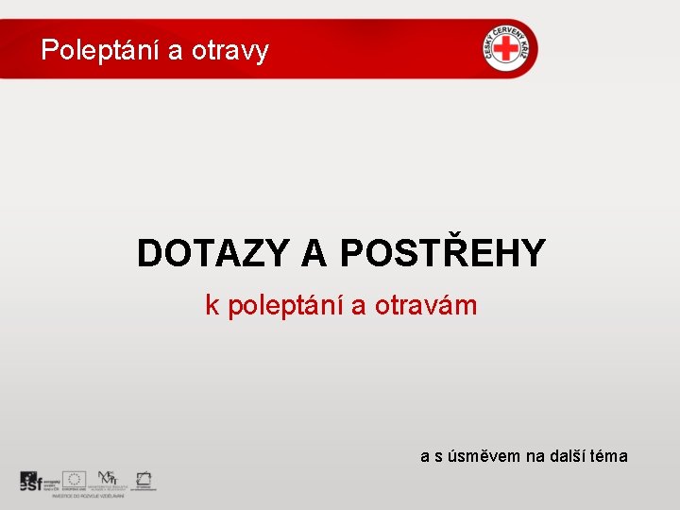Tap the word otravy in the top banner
click(229, 50)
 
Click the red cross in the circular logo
click(508, 48)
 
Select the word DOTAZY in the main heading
click(213, 253)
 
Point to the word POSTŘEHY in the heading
click(441, 253)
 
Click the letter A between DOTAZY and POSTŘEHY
click(314, 253)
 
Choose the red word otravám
click(426, 305)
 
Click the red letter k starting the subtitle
click(212, 305)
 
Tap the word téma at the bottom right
click(609, 456)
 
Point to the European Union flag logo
click(75, 479)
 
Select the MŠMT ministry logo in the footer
click(109, 479)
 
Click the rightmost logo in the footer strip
click(144, 479)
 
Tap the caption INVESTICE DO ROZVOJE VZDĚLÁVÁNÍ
click(89, 495)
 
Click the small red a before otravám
click(359, 306)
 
